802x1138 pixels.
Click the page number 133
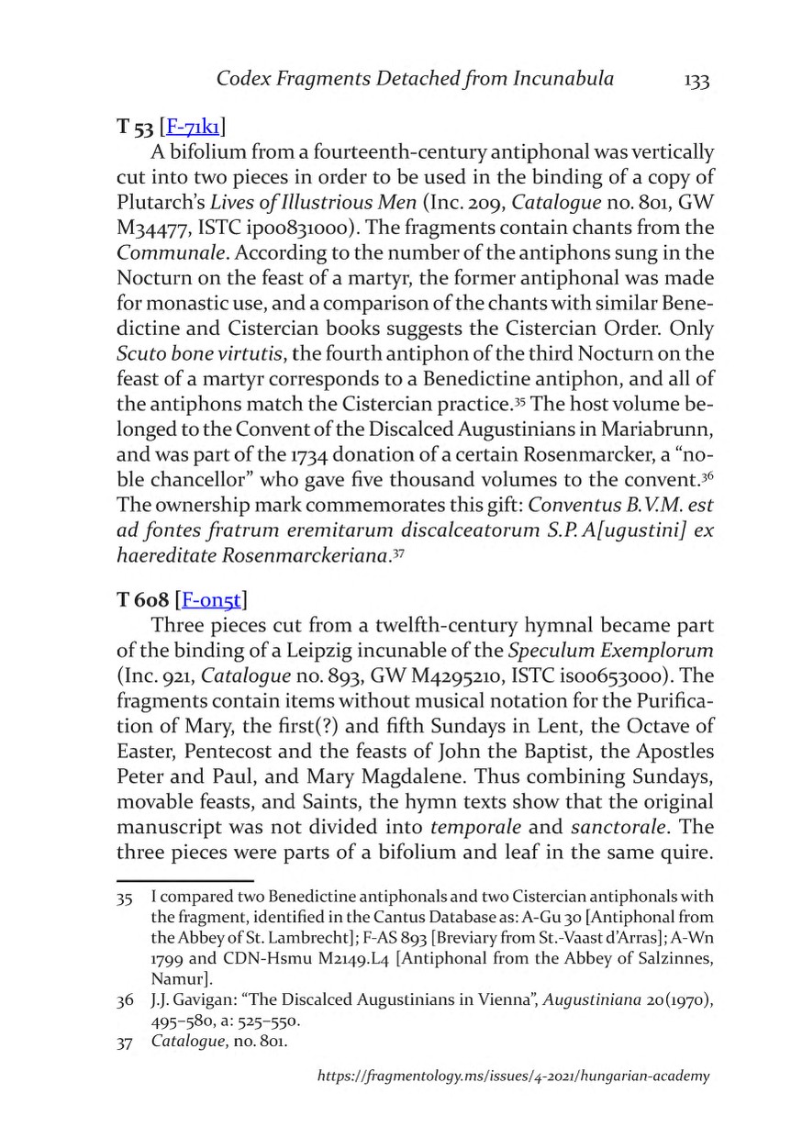coord(696,81)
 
